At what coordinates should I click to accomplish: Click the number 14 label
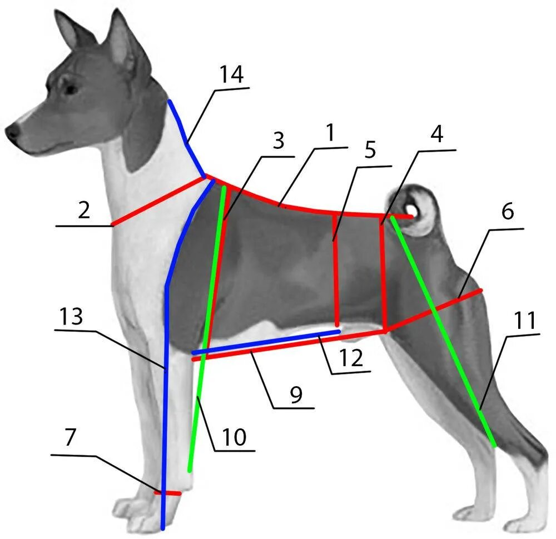pyautogui.click(x=231, y=74)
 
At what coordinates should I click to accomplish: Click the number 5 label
pyautogui.click(x=370, y=151)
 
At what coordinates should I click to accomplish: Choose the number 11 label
pyautogui.click(x=524, y=321)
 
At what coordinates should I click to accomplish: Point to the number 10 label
pyautogui.click(x=234, y=437)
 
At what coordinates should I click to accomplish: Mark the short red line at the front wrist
pyautogui.click(x=168, y=493)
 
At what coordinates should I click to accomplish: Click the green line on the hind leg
pyautogui.click(x=445, y=333)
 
